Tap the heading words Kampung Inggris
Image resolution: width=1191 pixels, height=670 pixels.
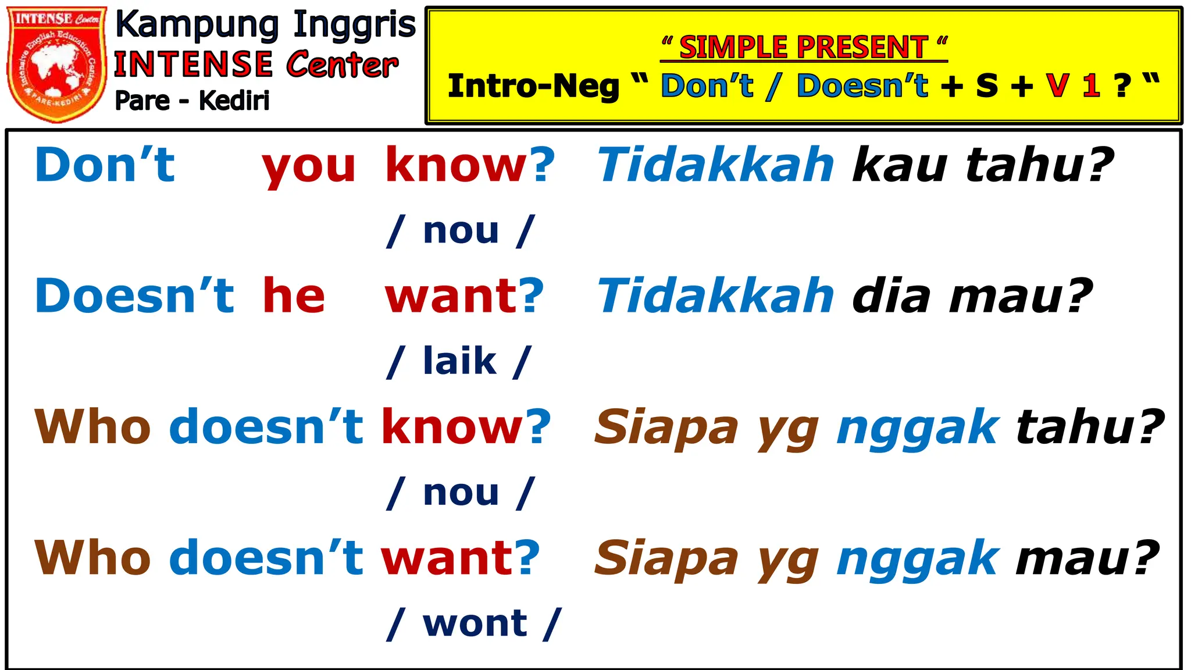[x=265, y=26]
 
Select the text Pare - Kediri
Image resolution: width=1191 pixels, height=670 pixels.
[x=192, y=101]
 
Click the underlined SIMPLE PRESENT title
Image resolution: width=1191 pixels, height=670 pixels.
[x=804, y=47]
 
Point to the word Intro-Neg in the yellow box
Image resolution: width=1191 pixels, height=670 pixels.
[x=533, y=86]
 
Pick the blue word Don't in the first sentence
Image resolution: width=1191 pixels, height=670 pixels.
[x=105, y=165]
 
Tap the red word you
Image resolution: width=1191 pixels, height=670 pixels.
[x=308, y=166]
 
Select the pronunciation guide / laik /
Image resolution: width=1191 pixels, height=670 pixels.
[x=459, y=362]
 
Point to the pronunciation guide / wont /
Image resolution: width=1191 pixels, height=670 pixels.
[x=474, y=624]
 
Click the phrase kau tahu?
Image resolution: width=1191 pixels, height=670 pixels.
[x=983, y=165]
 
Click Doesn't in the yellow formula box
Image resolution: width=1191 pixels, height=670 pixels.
[x=862, y=86]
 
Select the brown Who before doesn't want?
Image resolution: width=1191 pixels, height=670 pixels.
[x=93, y=558]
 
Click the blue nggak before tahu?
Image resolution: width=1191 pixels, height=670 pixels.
[x=918, y=428]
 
